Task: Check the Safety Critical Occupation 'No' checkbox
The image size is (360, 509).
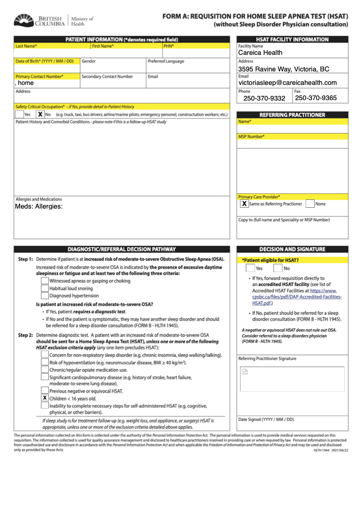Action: point(40,114)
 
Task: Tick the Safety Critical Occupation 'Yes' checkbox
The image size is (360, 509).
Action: point(19,114)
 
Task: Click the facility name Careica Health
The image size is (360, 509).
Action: point(260,53)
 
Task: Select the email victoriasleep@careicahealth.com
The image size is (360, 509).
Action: point(288,83)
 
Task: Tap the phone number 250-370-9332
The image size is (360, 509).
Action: point(265,98)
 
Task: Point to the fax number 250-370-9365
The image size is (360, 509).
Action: point(316,98)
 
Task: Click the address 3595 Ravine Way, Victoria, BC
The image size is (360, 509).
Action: point(284,69)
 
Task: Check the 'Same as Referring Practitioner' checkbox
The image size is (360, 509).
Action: point(245,203)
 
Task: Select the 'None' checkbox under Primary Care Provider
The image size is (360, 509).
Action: point(310,203)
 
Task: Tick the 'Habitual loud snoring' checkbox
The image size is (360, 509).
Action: point(44,288)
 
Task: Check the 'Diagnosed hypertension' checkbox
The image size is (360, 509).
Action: point(44,296)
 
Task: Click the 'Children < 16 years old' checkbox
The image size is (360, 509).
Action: point(44,398)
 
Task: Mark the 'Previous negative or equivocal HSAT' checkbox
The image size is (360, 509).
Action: point(44,391)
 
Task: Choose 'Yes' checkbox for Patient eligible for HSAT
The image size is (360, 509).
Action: point(250,268)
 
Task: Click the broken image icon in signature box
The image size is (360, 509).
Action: point(245,371)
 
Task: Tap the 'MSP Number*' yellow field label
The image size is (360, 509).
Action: point(251,137)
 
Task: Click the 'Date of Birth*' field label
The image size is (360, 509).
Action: point(44,61)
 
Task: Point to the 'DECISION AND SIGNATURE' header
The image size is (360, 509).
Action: point(292,249)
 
